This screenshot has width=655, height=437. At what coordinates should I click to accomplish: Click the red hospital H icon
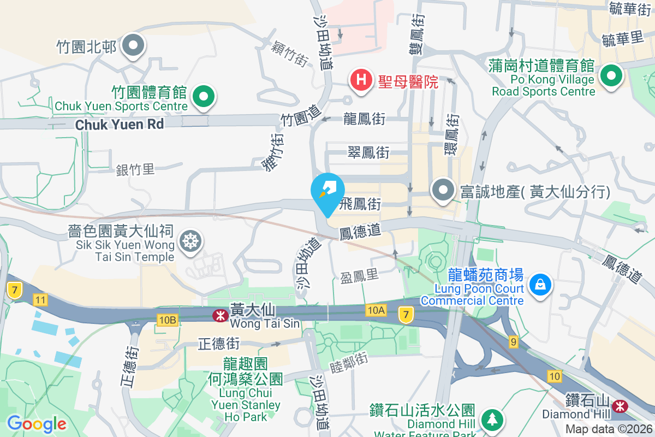(361, 80)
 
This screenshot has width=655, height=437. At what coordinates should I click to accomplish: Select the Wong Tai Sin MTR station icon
(221, 315)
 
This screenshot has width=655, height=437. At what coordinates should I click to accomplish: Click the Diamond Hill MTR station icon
(620, 406)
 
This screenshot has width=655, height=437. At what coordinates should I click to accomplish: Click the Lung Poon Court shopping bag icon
(540, 284)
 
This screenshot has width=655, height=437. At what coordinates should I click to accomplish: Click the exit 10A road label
(376, 310)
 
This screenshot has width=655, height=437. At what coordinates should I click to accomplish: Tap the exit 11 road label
(40, 299)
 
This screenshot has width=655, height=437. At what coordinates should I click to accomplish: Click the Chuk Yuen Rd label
(120, 124)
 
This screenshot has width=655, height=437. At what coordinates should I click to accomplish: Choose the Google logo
(37, 423)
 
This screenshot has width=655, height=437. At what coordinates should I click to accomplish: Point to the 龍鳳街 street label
(365, 119)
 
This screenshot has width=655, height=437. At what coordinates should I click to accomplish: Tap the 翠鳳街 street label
(368, 152)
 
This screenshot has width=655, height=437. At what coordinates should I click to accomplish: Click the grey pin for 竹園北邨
(132, 45)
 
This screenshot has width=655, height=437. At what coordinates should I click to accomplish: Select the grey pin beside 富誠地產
(443, 190)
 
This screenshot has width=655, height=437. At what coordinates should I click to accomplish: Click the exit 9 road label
(513, 342)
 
